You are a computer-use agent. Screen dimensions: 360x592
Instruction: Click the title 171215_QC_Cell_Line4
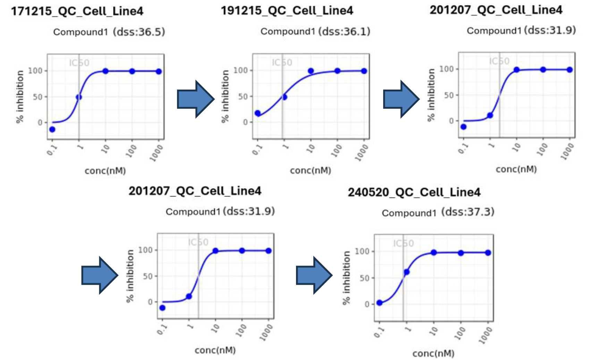coord(77,11)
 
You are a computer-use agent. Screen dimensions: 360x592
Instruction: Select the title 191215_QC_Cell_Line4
coord(287,10)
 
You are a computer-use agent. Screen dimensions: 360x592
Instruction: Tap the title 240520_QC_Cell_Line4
coord(414,192)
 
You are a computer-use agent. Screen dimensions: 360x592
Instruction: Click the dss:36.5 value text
coord(139,32)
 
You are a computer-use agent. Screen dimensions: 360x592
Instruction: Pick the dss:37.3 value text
coord(468,212)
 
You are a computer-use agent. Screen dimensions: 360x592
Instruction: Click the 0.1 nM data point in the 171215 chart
coord(52,129)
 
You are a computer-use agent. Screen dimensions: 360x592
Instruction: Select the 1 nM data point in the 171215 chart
coord(79,97)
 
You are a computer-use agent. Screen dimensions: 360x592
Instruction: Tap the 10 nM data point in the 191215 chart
coord(311,71)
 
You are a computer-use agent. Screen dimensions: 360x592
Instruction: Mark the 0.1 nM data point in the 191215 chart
coord(257,113)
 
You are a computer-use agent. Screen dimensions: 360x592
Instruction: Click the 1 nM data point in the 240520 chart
coord(407,272)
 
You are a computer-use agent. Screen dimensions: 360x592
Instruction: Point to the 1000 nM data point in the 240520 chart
coord(488,253)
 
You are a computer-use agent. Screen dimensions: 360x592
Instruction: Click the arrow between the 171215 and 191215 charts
coord(195,99)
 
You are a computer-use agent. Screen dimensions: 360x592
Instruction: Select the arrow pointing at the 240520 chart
coord(314,275)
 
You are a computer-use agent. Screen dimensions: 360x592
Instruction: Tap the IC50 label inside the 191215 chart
coord(282,62)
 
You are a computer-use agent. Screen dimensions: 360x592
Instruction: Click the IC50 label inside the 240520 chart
coord(403,243)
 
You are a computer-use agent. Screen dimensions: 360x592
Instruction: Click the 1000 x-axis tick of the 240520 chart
coord(485,335)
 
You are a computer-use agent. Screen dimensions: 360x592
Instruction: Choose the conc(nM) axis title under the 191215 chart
coord(311,170)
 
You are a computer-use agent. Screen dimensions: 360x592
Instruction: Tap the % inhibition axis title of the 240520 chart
coord(346,278)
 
